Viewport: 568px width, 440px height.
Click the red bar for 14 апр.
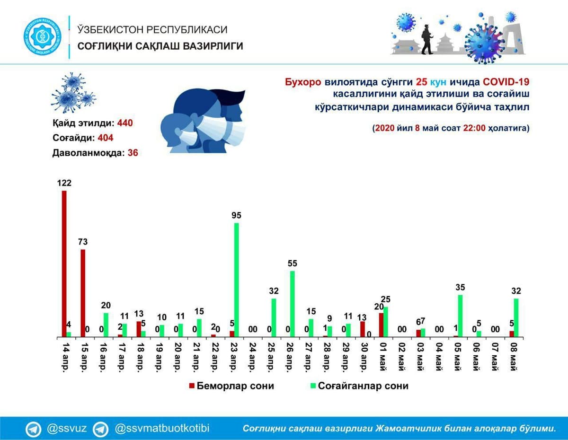pos(64,264)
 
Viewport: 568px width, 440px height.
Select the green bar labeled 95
pos(236,280)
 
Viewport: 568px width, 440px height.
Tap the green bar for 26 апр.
pos(292,304)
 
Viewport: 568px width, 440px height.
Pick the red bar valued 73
pos(83,293)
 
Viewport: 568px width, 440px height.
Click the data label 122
pos(64,183)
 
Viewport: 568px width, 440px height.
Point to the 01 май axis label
pos(383,357)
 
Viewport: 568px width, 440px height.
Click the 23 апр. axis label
pos(234,357)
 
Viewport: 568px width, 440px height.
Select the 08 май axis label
pos(514,357)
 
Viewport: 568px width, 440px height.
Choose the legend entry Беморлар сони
pos(231,386)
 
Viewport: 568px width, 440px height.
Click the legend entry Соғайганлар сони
pos(359,386)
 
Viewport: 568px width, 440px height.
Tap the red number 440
pos(125,123)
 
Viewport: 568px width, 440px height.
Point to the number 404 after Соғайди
pos(106,138)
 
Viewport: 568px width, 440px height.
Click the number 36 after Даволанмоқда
pos(133,153)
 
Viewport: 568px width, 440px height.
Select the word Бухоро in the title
pos(303,82)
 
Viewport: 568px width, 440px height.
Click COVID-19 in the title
pos(506,82)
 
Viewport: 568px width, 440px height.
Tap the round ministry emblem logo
pos(42,37)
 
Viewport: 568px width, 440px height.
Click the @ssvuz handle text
pos(66,429)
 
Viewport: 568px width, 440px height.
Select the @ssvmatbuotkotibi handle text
pos(162,429)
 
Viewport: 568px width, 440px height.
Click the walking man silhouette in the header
pos(427,39)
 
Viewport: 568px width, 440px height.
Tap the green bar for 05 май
pos(460,316)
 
